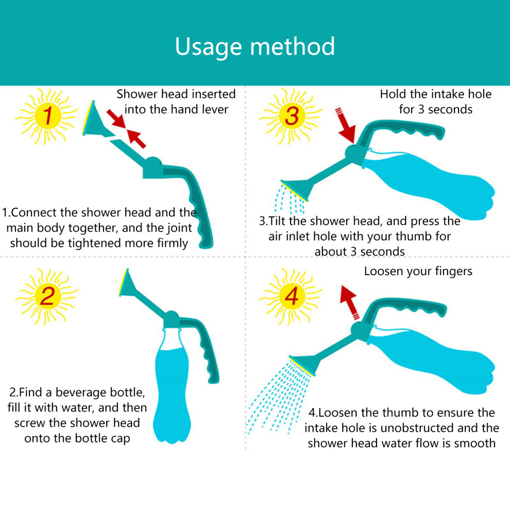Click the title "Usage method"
[254, 46]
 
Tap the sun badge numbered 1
[47, 116]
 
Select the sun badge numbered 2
[47, 296]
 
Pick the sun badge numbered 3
[291, 116]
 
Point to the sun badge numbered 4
[291, 296]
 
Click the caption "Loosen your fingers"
[418, 271]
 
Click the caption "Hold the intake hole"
[436, 94]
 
